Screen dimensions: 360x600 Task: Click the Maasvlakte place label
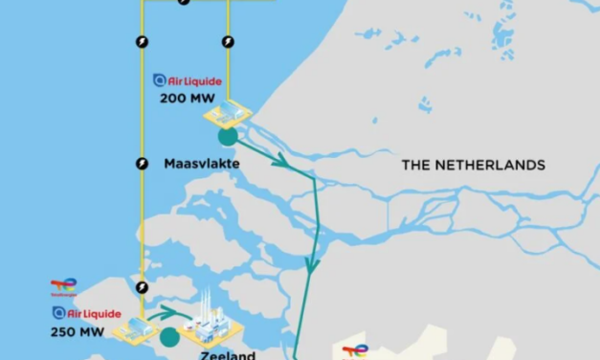coord(201,164)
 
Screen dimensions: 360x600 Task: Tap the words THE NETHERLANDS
coord(473,165)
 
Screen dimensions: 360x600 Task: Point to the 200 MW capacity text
coord(187,98)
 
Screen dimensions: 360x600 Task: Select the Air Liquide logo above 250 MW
coord(86,313)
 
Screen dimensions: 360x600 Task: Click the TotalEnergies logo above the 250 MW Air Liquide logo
coord(63,286)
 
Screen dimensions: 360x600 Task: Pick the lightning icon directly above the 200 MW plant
coord(227,41)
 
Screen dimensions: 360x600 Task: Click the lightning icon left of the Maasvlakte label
coord(142,164)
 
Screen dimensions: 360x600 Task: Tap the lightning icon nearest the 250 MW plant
coord(142,286)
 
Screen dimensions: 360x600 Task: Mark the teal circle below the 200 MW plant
coord(228,136)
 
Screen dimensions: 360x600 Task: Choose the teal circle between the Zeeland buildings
coord(169,336)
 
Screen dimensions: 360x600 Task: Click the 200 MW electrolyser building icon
coord(228,114)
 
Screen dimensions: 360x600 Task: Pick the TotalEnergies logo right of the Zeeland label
coord(355,351)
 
